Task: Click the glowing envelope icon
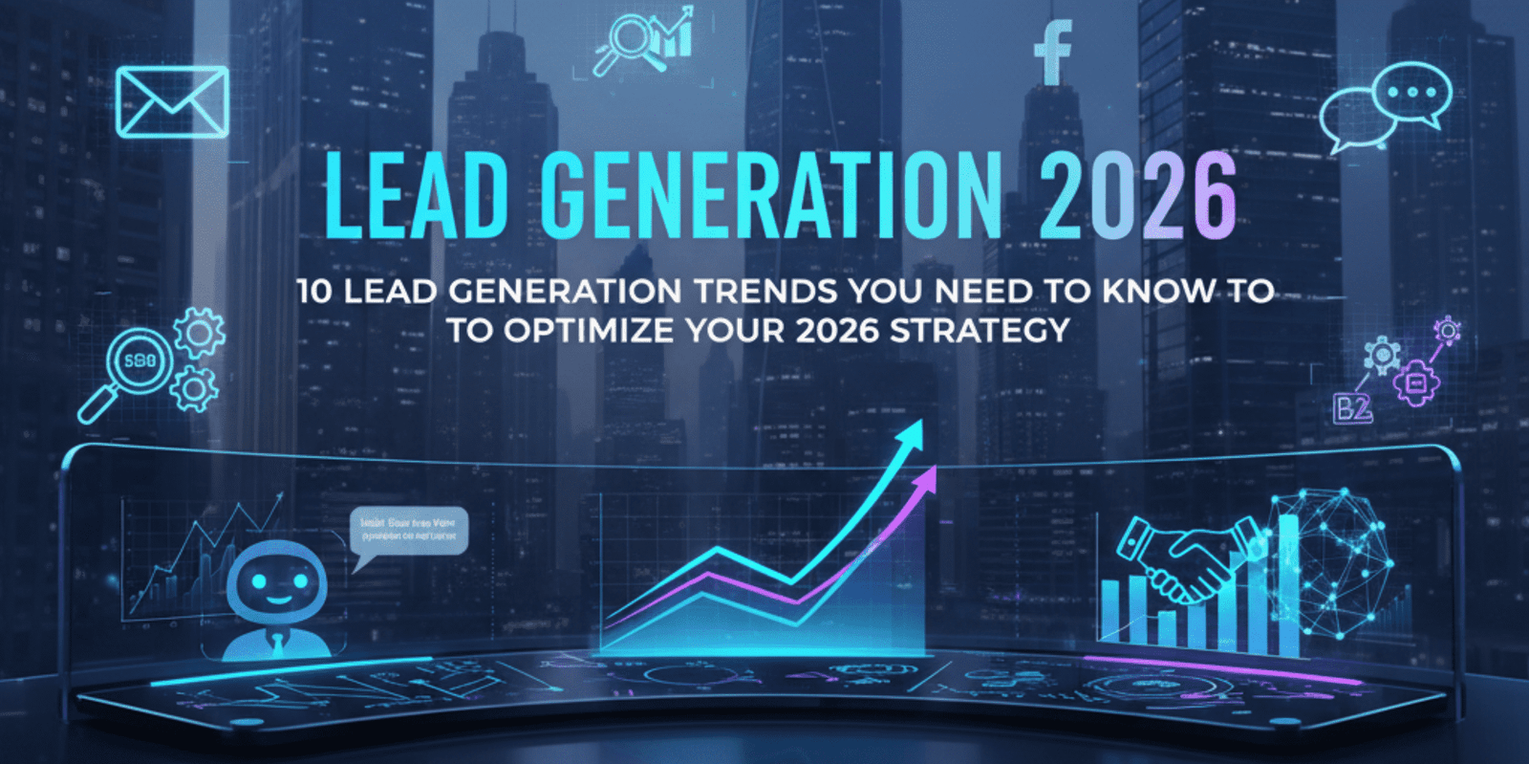click(172, 101)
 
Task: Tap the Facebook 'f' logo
click(1053, 54)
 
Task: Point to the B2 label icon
click(1352, 409)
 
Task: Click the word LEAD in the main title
click(417, 195)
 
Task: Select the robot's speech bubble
click(409, 532)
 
